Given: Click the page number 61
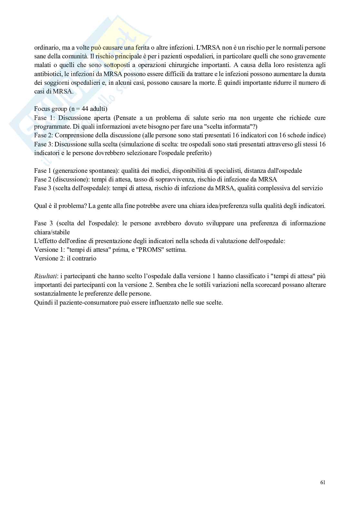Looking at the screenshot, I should click(x=323, y=483).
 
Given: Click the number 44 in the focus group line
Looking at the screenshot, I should click(x=85, y=109).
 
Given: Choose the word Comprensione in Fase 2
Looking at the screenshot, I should click(x=73, y=135).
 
